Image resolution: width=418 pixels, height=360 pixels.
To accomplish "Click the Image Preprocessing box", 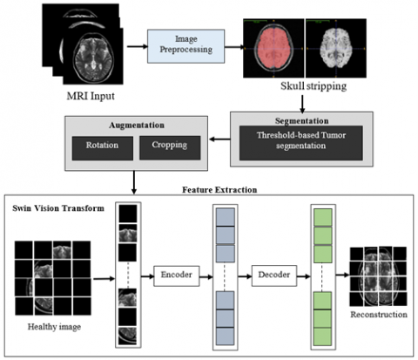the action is [x=185, y=46].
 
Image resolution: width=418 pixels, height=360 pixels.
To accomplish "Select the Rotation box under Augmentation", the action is [x=103, y=148].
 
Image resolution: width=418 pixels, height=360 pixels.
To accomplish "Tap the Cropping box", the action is [x=170, y=147].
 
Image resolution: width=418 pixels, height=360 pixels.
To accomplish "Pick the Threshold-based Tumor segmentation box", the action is [x=301, y=143].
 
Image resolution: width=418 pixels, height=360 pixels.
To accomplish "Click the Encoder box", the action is [x=177, y=275].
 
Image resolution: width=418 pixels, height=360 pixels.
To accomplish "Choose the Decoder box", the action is [x=274, y=275].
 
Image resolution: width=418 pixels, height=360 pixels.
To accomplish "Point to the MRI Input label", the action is [x=91, y=96].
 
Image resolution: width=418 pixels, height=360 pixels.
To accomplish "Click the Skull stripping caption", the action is [x=313, y=86].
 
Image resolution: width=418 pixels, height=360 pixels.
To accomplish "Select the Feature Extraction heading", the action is [x=219, y=190].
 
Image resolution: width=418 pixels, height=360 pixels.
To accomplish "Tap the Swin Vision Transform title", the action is [x=58, y=208].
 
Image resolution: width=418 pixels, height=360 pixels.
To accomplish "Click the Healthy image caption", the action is [x=54, y=327].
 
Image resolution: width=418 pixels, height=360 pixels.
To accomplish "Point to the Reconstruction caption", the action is [x=379, y=315].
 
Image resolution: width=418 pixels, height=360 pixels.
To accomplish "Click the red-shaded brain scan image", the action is [x=273, y=48].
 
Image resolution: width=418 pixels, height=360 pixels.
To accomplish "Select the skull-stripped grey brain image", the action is [x=336, y=48].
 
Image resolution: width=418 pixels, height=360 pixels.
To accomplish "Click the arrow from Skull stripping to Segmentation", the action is [x=302, y=104].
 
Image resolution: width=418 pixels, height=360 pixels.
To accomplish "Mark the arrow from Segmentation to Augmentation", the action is [x=219, y=139].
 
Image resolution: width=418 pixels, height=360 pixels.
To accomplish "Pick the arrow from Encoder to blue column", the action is [x=206, y=276].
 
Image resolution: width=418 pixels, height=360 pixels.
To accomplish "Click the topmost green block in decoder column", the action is [x=323, y=217].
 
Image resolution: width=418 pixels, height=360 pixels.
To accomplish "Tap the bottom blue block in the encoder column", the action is [x=225, y=336].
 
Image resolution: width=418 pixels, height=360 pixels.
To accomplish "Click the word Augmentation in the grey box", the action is [x=137, y=126].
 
